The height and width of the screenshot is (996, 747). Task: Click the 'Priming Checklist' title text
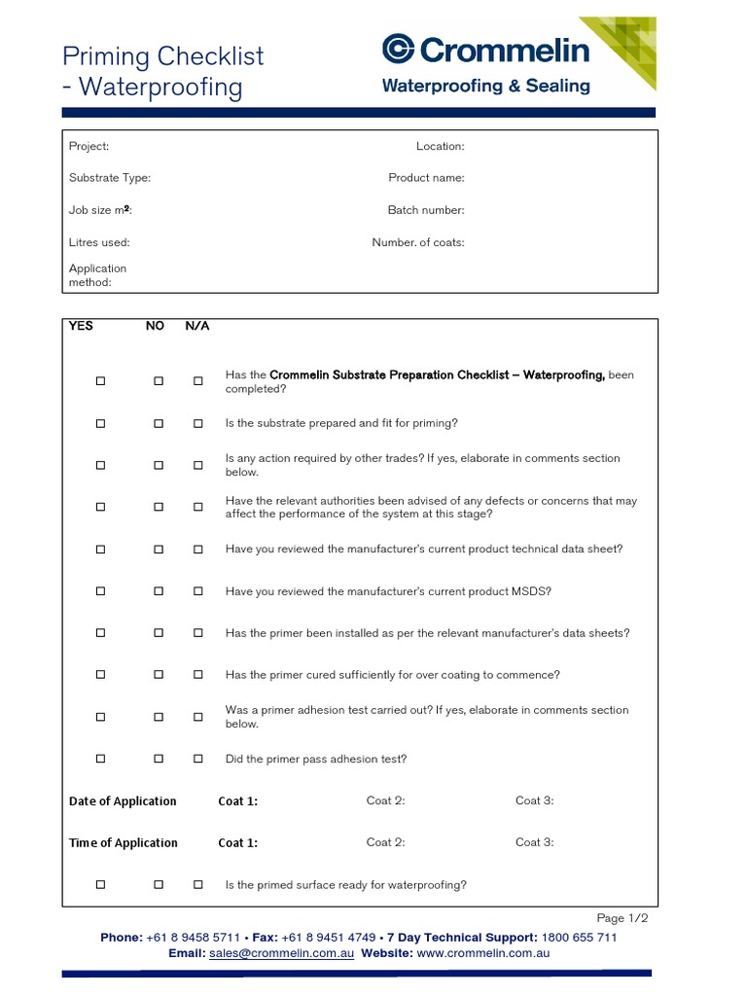pyautogui.click(x=162, y=56)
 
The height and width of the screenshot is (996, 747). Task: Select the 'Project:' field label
pyautogui.click(x=89, y=146)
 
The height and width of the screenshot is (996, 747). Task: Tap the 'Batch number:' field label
pyautogui.click(x=426, y=210)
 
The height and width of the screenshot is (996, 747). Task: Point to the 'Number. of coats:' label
pyautogui.click(x=418, y=242)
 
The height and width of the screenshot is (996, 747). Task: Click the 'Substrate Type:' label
pyautogui.click(x=109, y=178)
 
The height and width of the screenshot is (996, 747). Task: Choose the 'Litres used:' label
pyautogui.click(x=99, y=242)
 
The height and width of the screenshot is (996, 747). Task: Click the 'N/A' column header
pyautogui.click(x=197, y=326)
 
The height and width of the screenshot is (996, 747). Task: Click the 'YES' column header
pyautogui.click(x=82, y=326)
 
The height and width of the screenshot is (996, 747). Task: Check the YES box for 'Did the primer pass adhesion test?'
pyautogui.click(x=100, y=759)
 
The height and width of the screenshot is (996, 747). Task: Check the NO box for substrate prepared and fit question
pyautogui.click(x=159, y=424)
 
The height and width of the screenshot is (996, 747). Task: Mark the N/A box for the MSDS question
pyautogui.click(x=198, y=591)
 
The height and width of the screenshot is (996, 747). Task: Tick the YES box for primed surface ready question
pyautogui.click(x=100, y=885)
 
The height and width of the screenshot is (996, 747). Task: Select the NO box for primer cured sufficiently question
pyautogui.click(x=159, y=675)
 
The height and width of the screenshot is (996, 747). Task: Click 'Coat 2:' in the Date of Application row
pyautogui.click(x=385, y=800)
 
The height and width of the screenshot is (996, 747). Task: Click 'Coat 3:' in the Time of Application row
pyautogui.click(x=534, y=842)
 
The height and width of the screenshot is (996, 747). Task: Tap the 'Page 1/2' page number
pyautogui.click(x=622, y=918)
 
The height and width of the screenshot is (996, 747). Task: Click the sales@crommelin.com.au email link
pyautogui.click(x=281, y=953)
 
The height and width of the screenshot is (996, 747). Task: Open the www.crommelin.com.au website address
pyautogui.click(x=483, y=953)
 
